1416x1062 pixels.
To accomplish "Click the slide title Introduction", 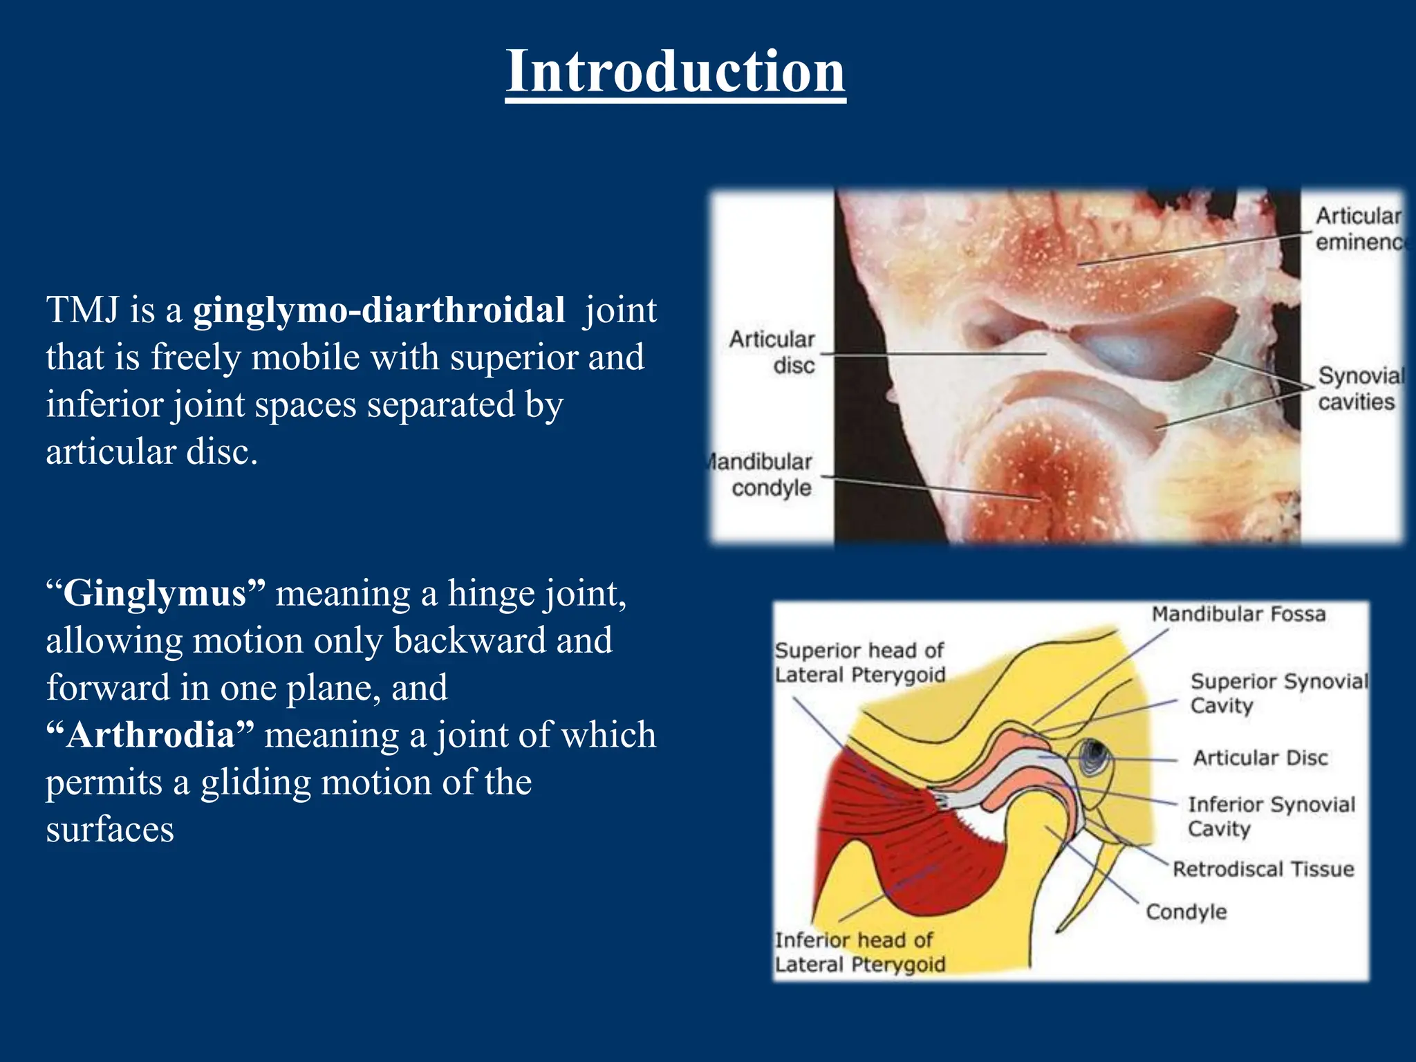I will click(675, 72).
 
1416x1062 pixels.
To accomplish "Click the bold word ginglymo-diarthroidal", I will click(379, 310).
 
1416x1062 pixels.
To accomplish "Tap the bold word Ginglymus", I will click(155, 594).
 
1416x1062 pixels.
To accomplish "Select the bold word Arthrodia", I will click(151, 735).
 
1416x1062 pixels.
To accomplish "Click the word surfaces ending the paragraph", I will click(110, 830).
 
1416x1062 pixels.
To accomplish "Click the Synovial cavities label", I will click(1359, 389).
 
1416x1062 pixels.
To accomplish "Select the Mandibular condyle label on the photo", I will click(763, 475).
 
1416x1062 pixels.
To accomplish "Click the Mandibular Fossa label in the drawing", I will click(1238, 614).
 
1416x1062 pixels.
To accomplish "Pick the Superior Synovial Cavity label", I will click(1278, 693).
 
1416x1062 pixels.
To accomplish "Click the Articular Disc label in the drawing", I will click(1260, 758).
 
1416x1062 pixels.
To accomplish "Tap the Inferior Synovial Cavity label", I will click(1271, 816).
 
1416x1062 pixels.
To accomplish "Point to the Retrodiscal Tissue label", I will click(1263, 869).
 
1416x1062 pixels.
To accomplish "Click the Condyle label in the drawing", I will click(1186, 912).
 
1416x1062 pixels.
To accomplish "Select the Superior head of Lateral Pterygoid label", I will click(859, 662).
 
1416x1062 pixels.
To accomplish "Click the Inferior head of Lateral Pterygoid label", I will click(859, 952).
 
